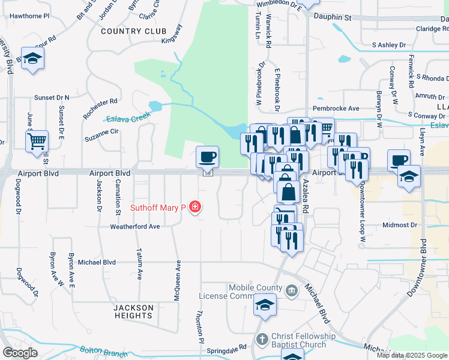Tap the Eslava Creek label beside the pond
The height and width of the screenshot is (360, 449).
(x=127, y=118)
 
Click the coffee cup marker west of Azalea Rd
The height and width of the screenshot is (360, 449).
(x=207, y=157)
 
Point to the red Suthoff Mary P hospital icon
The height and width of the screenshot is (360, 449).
(x=194, y=208)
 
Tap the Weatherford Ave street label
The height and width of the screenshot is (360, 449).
(x=134, y=226)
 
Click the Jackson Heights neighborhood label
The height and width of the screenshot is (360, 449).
(x=133, y=311)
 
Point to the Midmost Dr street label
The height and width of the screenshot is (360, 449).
(x=399, y=225)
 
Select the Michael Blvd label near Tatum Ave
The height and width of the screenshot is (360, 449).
(x=97, y=262)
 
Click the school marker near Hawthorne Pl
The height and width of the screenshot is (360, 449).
(x=32, y=59)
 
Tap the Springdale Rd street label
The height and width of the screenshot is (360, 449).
(x=227, y=347)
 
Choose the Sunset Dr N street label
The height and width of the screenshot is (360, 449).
(x=52, y=97)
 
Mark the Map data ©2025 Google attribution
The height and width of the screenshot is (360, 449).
(x=412, y=355)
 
